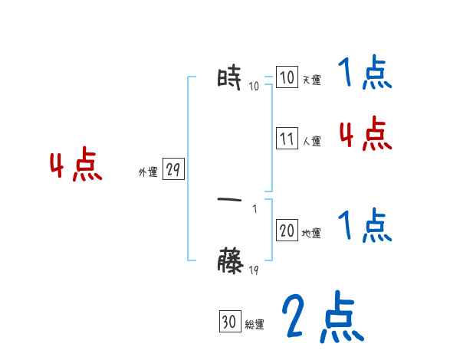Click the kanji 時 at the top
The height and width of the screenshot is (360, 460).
[230, 78]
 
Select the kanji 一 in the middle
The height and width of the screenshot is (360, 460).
[230, 201]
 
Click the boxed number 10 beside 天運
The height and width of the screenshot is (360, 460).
[287, 78]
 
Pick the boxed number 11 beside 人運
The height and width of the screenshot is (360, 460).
[287, 139]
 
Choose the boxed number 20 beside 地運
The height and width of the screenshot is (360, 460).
[287, 231]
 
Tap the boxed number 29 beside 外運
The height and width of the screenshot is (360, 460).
[173, 170]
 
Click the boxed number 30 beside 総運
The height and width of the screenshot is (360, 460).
[229, 322]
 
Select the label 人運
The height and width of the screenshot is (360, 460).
[311, 141]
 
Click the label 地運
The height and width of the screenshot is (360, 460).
[311, 233]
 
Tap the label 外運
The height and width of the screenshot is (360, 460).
[147, 173]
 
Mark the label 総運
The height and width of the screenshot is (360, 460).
[255, 325]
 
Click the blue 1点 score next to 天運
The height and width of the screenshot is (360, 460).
[365, 74]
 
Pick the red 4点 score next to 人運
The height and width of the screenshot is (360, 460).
[365, 135]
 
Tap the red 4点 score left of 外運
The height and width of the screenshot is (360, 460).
[76, 166]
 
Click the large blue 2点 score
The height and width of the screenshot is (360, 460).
[321, 318]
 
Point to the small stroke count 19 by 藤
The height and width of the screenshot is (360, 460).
[254, 270]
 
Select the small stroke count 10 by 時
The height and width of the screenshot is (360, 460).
[254, 86]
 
